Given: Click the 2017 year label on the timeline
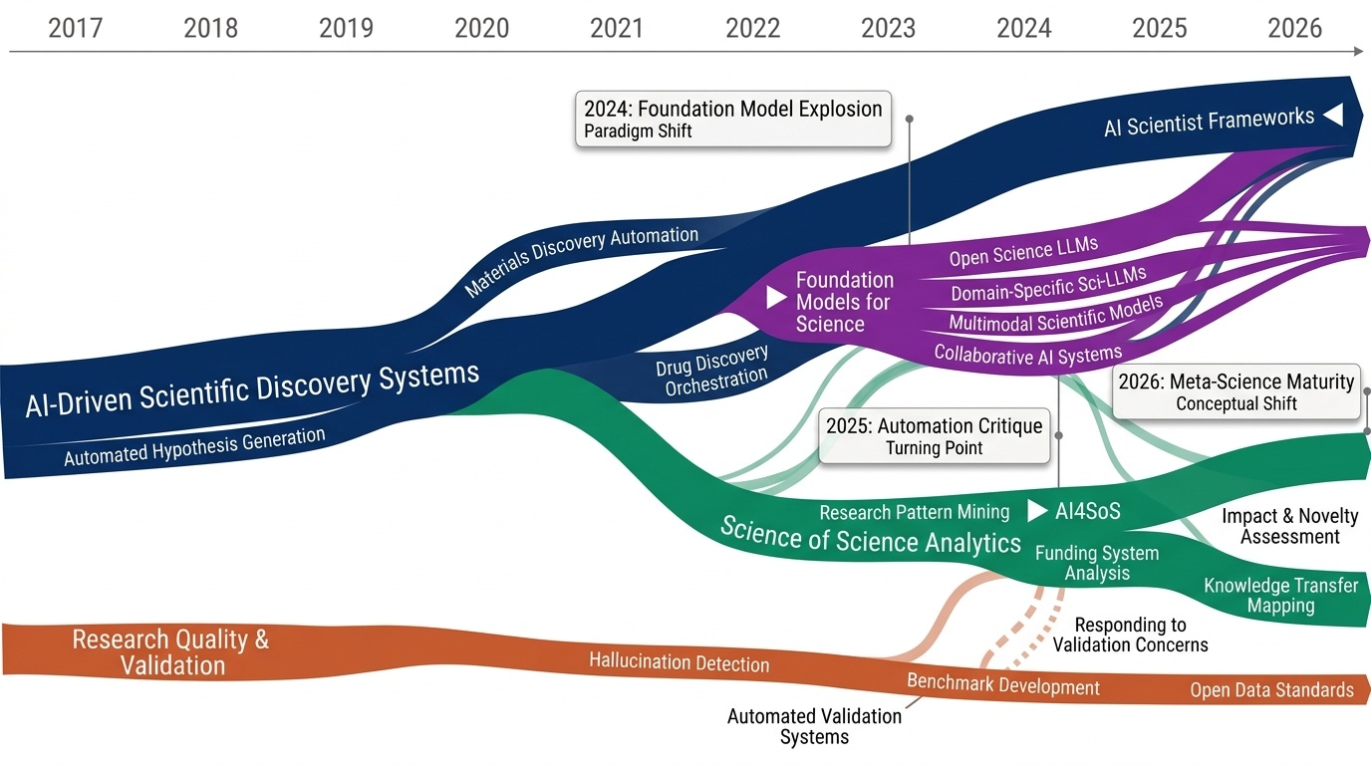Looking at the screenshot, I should tap(75, 28).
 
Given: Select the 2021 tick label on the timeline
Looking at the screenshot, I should tap(617, 28).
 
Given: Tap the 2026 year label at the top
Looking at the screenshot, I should tap(1294, 28).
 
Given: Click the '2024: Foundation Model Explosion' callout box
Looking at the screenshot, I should tap(732, 120).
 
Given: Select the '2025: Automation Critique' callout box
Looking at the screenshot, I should tap(934, 436).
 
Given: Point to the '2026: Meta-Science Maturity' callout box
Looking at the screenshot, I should tap(1235, 392).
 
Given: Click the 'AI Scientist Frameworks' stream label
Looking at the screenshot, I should tap(1209, 123).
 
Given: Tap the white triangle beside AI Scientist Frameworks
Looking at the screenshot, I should tap(1332, 116).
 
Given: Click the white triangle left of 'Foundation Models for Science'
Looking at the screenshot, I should tap(776, 298).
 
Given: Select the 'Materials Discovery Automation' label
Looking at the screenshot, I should tap(582, 261).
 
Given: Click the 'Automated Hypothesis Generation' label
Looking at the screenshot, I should tap(194, 447).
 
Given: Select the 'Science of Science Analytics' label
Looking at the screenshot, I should tap(870, 535).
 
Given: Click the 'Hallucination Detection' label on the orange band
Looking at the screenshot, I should tap(679, 662).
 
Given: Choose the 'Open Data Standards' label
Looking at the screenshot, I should tap(1271, 690).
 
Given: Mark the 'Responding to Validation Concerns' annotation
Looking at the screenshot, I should tap(1130, 635).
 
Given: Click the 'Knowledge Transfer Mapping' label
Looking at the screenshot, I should tap(1280, 596).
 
